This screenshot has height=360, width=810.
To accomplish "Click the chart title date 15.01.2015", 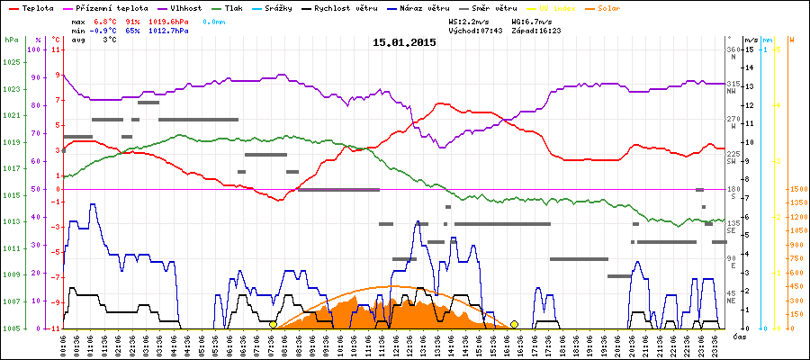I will click(x=405, y=41).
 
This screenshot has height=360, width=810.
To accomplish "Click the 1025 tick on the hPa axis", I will click(x=11, y=62).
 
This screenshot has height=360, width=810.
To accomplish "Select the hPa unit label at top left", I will click(x=10, y=40).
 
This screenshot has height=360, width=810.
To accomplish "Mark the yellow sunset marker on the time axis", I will click(x=514, y=324).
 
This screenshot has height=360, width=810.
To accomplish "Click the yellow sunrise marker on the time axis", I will click(x=273, y=324).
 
